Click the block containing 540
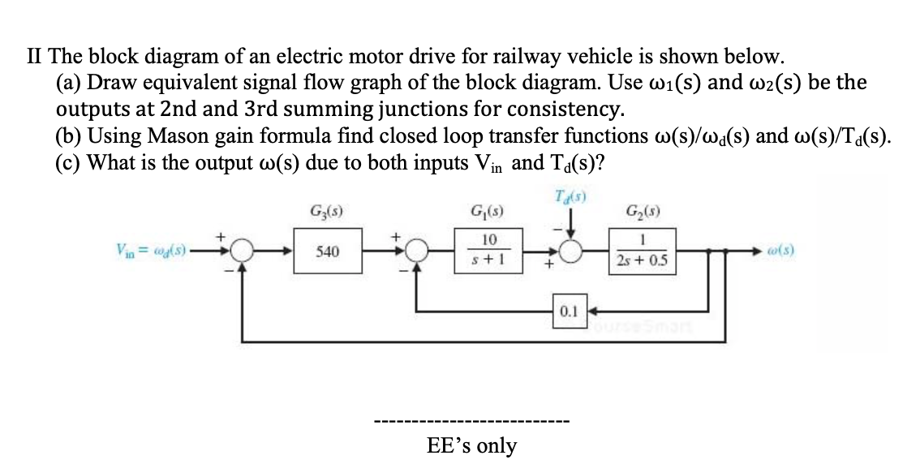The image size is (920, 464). [327, 252]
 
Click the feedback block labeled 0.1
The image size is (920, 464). [568, 311]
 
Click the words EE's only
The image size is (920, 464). [471, 445]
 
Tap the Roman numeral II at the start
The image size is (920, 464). [35, 57]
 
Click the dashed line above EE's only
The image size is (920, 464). [471, 422]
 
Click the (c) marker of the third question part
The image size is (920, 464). [68, 161]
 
